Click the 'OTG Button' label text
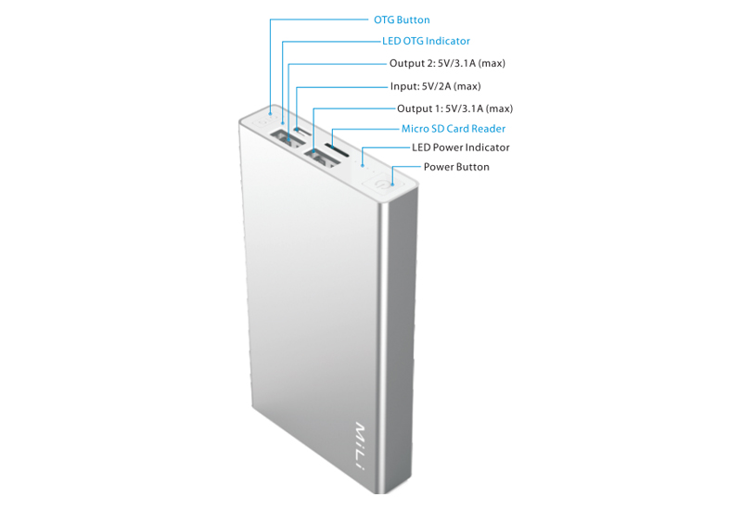pos(402,19)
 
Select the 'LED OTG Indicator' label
pos(426,41)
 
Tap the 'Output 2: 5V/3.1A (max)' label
pos(447,63)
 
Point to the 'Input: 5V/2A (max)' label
pos(435,86)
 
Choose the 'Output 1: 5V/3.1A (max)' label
pos(454,108)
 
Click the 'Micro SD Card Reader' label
pos(454,129)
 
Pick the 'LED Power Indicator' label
pos(460,147)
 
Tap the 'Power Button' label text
pos(456,167)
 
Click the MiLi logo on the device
pos(360,446)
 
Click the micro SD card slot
pos(337,150)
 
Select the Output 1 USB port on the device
pos(323,158)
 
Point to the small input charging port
pos(303,131)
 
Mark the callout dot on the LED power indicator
pos(363,165)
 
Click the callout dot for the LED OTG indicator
pos(283,123)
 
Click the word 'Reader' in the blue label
pos(489,129)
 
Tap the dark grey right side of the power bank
pos(401,340)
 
